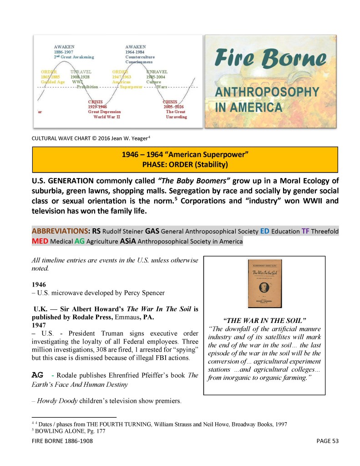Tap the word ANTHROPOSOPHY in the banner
(267, 92)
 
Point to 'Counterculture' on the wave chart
(140, 57)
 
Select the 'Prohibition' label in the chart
(87, 87)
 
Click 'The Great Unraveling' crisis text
(176, 114)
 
